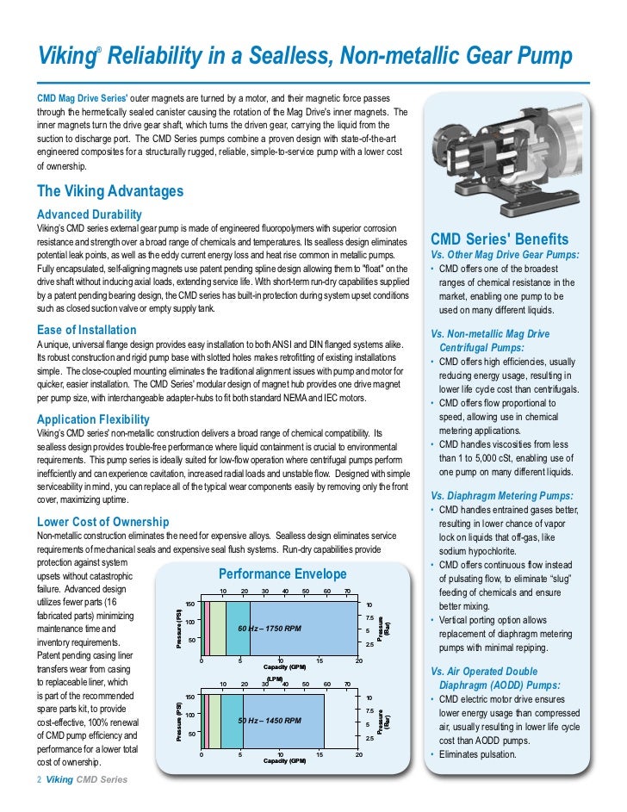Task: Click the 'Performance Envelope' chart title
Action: tap(282, 573)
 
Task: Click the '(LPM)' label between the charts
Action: tap(275, 679)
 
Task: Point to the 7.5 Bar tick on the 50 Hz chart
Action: tap(369, 710)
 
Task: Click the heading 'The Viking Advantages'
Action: tap(109, 191)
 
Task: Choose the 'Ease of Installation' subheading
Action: tap(86, 330)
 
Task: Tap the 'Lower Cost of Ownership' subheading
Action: tap(102, 522)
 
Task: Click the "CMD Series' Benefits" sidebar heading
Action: tap(499, 239)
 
